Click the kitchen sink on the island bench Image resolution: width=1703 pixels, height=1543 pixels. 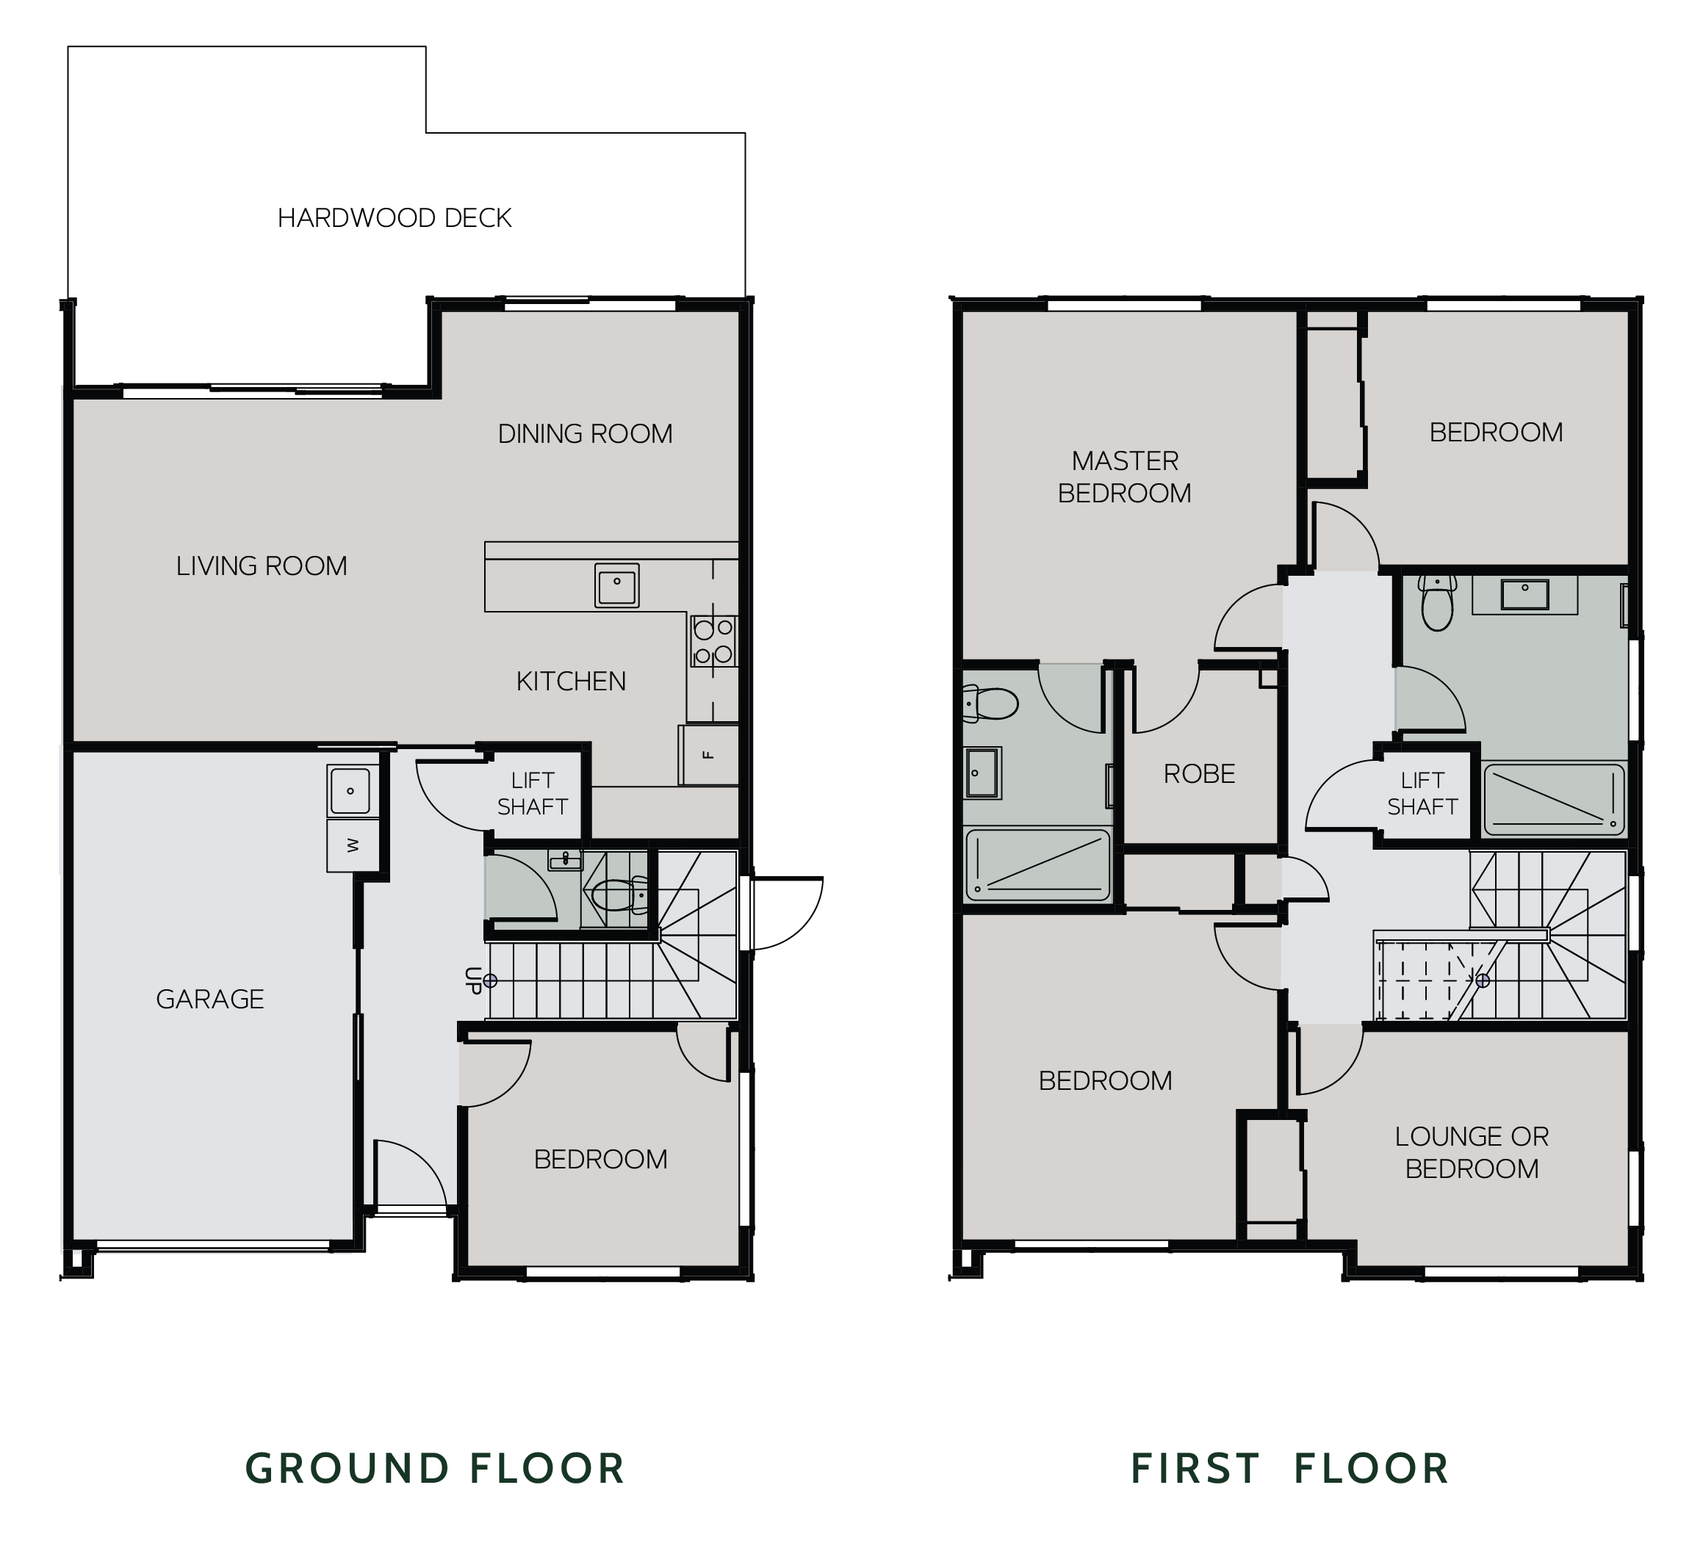pos(616,585)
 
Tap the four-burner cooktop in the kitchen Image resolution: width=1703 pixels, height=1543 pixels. pos(713,641)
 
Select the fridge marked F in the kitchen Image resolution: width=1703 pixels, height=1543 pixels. pos(708,755)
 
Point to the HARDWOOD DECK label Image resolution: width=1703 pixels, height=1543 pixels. pos(395,218)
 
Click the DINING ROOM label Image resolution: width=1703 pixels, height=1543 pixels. pos(585,434)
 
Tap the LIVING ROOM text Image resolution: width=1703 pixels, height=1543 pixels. pos(261,565)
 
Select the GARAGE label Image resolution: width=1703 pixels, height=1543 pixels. pos(209,999)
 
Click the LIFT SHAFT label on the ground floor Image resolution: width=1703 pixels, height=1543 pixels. pos(532,793)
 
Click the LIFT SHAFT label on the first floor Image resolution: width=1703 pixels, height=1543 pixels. pos(1422,793)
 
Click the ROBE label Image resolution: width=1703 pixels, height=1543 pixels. pos(1199,773)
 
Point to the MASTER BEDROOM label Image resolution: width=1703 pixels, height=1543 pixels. pos(1124,477)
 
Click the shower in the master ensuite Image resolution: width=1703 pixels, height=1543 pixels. pos(1038,864)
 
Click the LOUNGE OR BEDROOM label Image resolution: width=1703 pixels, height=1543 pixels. pos(1472,1152)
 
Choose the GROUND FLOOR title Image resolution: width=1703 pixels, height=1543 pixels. pos(434,1469)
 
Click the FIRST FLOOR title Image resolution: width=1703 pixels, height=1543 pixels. pos(1290,1469)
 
